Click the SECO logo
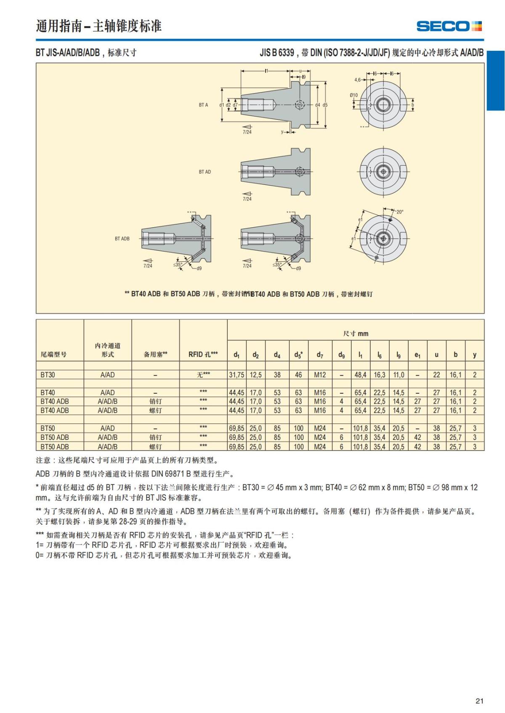coord(449,26)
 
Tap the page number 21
coord(479,701)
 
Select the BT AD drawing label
coord(205,172)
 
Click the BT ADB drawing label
coord(122,239)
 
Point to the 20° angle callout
coord(399,212)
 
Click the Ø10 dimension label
coord(353,95)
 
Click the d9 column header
coord(341,355)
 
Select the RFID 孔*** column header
coord(203,354)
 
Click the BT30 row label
coord(48,375)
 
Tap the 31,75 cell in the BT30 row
coord(237,375)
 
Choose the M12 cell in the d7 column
coord(320,375)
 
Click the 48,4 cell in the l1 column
coord(360,375)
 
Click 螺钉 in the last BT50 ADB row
coord(155,447)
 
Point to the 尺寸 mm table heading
coord(356,334)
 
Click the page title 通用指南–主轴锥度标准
coord(98,26)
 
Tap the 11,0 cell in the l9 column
coord(399,375)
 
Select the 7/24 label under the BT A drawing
coord(247,132)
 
